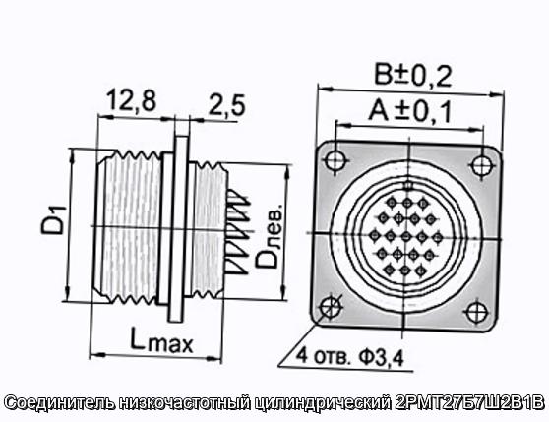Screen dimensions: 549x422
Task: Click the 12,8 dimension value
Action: (x=131, y=100)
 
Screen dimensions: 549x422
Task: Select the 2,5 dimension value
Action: (x=227, y=105)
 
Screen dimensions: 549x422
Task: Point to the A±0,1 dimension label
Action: (x=410, y=111)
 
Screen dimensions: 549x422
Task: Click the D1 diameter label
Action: (x=53, y=220)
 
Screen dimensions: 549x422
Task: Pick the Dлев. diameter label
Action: (x=269, y=235)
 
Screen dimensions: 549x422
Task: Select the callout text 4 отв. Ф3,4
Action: (x=350, y=357)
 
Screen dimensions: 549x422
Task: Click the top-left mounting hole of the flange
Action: (x=336, y=160)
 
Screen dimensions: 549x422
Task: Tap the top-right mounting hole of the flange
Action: (x=481, y=164)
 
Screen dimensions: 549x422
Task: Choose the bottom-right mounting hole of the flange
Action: (x=476, y=312)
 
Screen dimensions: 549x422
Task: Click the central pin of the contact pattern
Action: (x=405, y=236)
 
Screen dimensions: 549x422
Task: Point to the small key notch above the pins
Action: (x=408, y=185)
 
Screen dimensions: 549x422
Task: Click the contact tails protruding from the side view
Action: (x=238, y=231)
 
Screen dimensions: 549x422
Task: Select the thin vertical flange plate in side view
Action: (x=177, y=228)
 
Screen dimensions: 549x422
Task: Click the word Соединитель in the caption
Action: (x=60, y=403)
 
